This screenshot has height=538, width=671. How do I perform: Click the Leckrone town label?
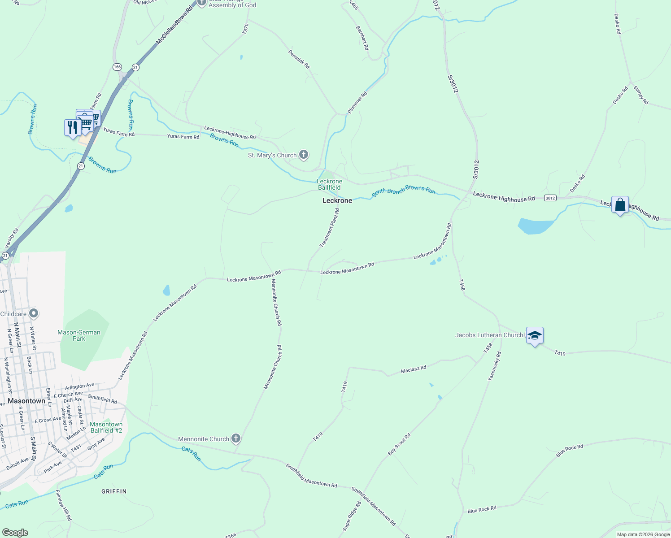pyautogui.click(x=337, y=200)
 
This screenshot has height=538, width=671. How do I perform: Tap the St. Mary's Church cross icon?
pyautogui.click(x=304, y=155)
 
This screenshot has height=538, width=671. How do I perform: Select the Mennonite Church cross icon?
pyautogui.click(x=236, y=439)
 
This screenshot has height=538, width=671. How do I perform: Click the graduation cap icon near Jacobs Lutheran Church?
pyautogui.click(x=535, y=336)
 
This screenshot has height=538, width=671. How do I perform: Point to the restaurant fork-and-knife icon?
pyautogui.click(x=72, y=128)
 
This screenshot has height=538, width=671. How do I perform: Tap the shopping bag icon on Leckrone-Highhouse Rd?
pyautogui.click(x=620, y=205)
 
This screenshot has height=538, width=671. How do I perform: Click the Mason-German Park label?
pyautogui.click(x=79, y=335)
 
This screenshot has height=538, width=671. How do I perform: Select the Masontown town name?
pyautogui.click(x=26, y=401)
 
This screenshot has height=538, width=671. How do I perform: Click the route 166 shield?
pyautogui.click(x=117, y=67)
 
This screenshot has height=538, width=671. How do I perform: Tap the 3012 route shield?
pyautogui.click(x=550, y=198)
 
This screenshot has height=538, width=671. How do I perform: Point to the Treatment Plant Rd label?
pyautogui.click(x=330, y=228)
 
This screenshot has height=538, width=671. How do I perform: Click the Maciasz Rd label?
pyautogui.click(x=414, y=369)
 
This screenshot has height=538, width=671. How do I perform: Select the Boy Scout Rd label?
pyautogui.click(x=399, y=445)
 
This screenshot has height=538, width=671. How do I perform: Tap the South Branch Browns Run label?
pyautogui.click(x=403, y=191)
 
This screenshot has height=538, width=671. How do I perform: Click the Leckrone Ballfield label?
pyautogui.click(x=329, y=184)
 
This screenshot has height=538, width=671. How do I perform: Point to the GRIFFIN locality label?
pyautogui.click(x=114, y=491)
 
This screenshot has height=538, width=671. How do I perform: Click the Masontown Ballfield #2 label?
pyautogui.click(x=106, y=427)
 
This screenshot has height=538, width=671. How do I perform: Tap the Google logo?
pyautogui.click(x=15, y=532)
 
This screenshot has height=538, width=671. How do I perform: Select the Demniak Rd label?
pyautogui.click(x=299, y=59)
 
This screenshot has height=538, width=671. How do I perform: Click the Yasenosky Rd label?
pyautogui.click(x=495, y=366)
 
